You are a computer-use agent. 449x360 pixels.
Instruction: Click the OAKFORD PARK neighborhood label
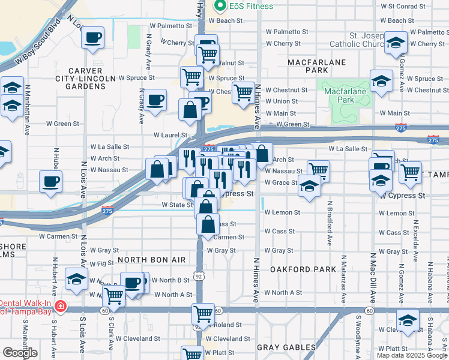[x=303, y=269]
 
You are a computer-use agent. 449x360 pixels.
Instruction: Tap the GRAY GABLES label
[x=286, y=347]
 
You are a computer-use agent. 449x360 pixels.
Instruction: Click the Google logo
[x=20, y=353]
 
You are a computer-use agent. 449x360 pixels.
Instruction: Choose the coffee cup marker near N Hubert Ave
[x=50, y=180]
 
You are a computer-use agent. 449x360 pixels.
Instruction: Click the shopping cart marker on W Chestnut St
[x=243, y=93]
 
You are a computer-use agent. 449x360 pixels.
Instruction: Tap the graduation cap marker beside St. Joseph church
[x=396, y=43]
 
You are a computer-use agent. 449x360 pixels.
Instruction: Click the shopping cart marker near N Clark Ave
[x=113, y=295]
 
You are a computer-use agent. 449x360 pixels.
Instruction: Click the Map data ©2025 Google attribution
[x=412, y=355]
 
